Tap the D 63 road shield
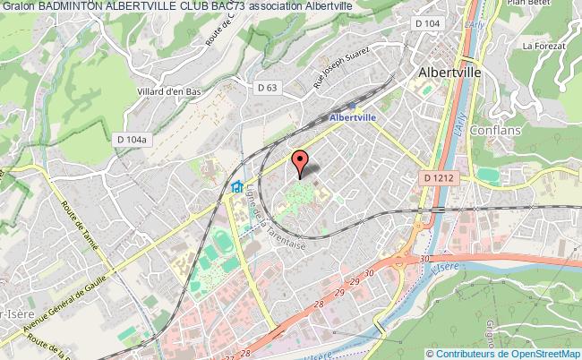pyautogui.click(x=265, y=87)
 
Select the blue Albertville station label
pyautogui.click(x=352, y=116)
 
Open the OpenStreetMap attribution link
pyautogui.click(x=536, y=353)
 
